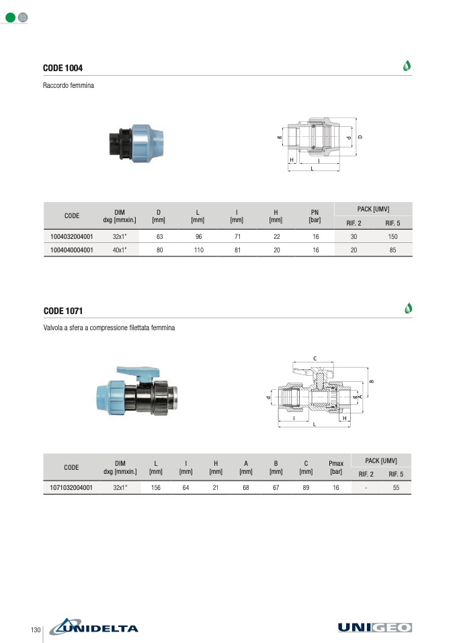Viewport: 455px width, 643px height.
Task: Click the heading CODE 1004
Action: point(63,68)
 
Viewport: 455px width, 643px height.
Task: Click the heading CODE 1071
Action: point(63,311)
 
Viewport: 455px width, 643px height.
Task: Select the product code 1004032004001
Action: point(72,237)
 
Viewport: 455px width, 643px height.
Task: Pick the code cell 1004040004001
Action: point(72,250)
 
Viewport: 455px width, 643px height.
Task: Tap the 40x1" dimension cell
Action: point(120,250)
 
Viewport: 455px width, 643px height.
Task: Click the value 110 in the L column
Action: point(198,250)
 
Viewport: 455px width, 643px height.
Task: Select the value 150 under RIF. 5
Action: point(392,237)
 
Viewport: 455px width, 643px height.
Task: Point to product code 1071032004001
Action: point(72,488)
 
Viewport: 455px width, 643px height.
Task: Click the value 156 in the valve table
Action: point(156,488)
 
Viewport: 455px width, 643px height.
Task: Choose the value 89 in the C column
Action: point(306,488)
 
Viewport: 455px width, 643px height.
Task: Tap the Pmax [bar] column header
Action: point(335,467)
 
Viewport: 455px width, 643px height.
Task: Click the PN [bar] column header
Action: point(314,215)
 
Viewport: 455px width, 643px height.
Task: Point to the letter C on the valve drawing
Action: point(315,358)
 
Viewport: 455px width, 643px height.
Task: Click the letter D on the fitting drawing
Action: point(360,136)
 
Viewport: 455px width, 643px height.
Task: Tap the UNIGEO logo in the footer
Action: point(375,628)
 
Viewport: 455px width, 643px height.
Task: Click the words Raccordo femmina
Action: point(69,86)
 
